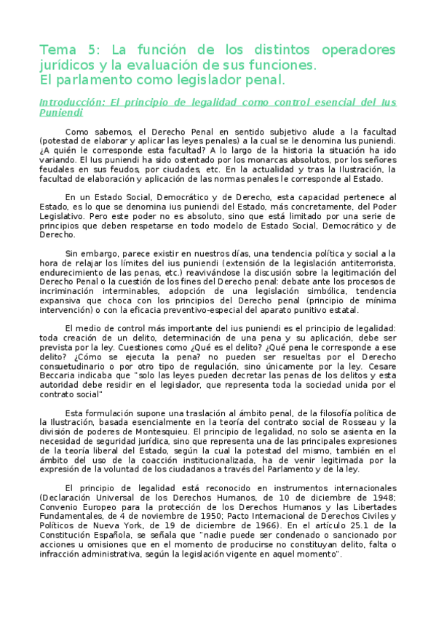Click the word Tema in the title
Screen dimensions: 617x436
pos(56,49)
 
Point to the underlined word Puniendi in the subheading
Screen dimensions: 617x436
pos(60,113)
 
